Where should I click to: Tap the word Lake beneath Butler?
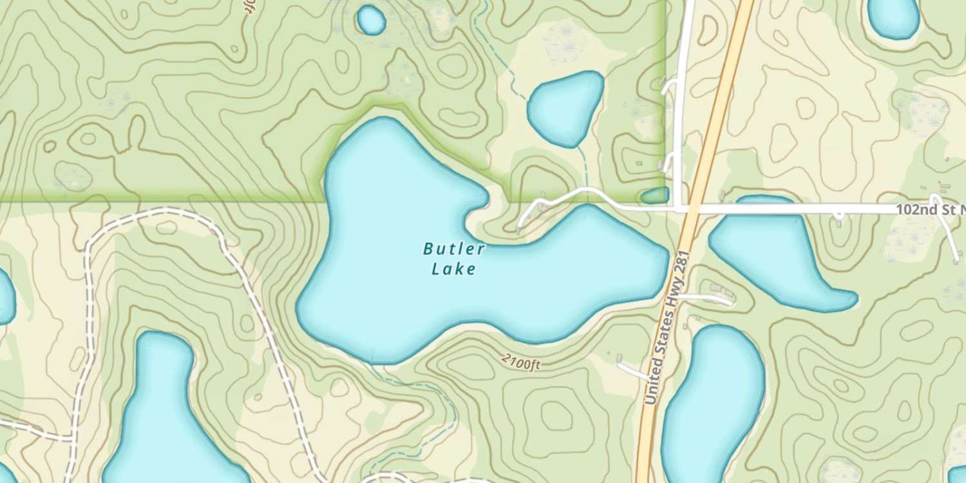click(x=454, y=269)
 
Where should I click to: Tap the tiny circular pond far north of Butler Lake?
click(x=371, y=20)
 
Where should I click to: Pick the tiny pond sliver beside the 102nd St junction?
click(x=656, y=195)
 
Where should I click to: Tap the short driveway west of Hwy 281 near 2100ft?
click(x=632, y=370)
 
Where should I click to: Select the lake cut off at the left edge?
click(x=5, y=296)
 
